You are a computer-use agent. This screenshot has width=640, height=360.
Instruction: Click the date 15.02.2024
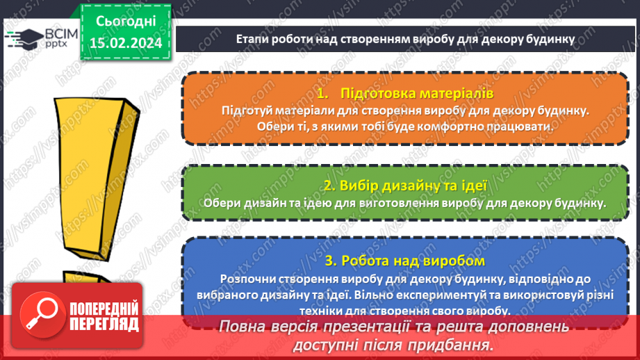(125, 42)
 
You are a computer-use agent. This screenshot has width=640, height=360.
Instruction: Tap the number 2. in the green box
(329, 186)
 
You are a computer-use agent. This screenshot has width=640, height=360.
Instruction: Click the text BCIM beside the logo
(51, 31)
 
